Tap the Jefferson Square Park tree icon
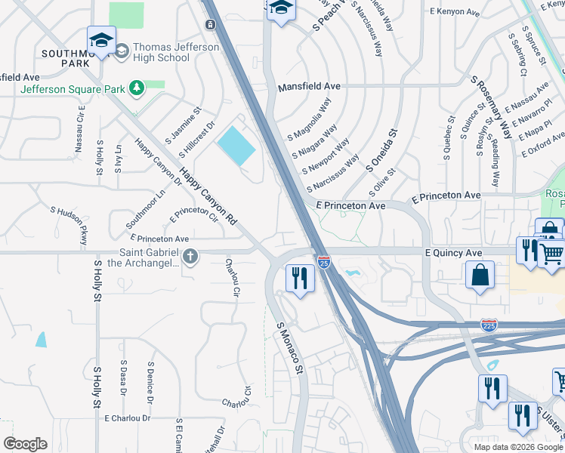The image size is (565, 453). point(137,88)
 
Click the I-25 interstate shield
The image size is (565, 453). point(324,262)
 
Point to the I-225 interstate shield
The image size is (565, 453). point(489,325)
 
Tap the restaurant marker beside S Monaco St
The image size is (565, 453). point(300,278)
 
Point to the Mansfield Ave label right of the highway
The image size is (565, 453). point(305,87)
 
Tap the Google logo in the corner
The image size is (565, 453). point(26,444)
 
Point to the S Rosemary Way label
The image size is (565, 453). point(492,106)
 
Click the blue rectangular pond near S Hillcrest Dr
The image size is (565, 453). point(236,146)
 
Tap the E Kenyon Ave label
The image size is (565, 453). point(454,13)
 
